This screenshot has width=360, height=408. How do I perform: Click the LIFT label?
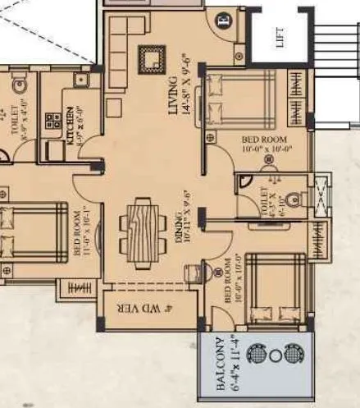pos(280,39)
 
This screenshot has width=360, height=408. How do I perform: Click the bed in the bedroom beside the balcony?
pos(274,291)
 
